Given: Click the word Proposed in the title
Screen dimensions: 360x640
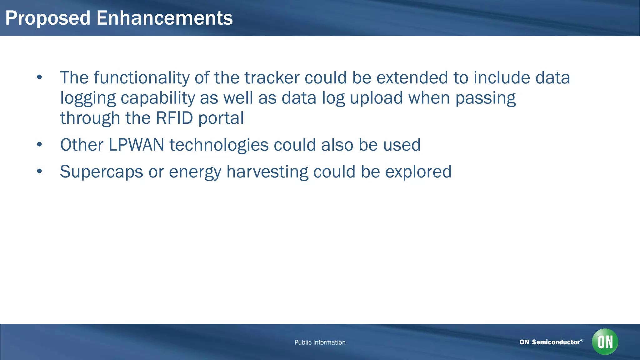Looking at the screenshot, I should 48,18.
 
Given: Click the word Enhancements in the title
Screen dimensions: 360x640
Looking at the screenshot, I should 164,18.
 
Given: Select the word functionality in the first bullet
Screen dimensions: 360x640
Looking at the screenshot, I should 141,78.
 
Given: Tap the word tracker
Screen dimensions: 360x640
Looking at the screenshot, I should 272,78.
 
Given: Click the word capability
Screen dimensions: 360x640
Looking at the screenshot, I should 158,98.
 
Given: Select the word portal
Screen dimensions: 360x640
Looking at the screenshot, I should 221,118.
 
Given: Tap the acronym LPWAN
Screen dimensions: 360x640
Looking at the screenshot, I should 136,145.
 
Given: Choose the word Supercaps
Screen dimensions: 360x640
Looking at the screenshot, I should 101,172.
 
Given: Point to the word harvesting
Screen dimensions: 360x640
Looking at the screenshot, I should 267,172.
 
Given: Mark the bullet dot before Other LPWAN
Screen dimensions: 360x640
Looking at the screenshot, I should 39,144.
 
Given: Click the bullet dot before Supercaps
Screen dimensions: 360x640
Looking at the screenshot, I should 39,171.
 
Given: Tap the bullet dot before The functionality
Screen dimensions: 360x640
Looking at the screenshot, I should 39,77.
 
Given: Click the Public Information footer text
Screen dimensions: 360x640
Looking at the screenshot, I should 320,342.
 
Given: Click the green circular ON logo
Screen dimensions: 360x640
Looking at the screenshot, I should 605,342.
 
